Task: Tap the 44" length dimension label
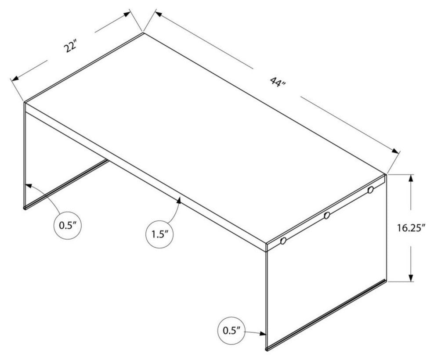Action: pos(278,82)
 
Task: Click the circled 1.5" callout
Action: pos(159,234)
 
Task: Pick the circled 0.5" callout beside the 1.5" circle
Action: pos(67,225)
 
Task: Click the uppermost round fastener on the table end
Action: pos(370,190)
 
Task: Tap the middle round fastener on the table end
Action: pos(327,215)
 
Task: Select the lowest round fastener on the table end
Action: pos(283,241)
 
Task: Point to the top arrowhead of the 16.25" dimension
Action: pos(412,178)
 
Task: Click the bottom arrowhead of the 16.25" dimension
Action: pos(412,277)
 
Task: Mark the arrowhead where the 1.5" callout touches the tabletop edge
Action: pos(180,200)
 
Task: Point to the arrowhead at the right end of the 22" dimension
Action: pos(127,14)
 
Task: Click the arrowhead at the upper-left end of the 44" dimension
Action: pos(159,14)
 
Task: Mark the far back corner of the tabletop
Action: pos(143,32)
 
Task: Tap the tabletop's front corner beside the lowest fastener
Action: pos(266,243)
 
